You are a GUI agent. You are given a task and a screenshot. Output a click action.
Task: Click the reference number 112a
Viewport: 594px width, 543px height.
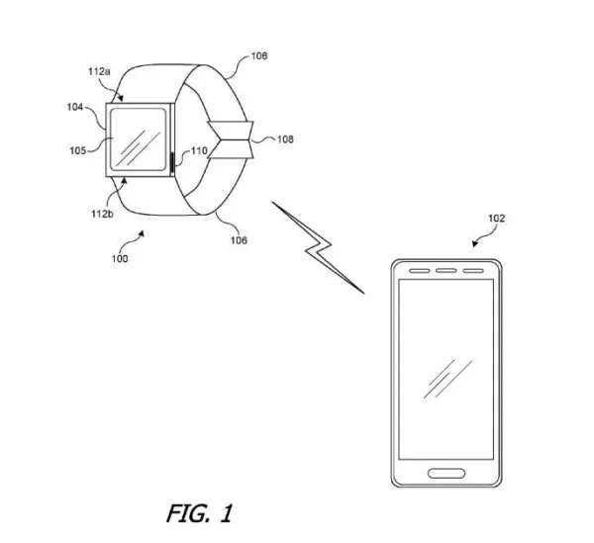[99, 71]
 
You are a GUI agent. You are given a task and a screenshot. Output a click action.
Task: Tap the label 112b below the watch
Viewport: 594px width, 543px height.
[102, 214]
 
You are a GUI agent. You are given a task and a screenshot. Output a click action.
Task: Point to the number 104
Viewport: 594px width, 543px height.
[75, 107]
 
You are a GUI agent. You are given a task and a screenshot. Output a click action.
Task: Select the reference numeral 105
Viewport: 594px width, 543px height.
[77, 150]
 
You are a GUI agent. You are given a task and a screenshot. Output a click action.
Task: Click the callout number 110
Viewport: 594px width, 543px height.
[199, 151]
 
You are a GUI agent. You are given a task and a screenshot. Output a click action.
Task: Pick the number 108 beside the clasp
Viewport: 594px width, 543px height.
[285, 139]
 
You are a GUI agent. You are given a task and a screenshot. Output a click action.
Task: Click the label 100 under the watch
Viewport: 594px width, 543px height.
[120, 259]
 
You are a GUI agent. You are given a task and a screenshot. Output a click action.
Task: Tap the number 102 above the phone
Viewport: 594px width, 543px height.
[497, 219]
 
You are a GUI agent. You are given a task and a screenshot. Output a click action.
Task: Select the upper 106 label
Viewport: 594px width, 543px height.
[259, 56]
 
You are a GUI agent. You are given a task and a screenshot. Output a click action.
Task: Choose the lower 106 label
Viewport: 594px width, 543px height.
[239, 240]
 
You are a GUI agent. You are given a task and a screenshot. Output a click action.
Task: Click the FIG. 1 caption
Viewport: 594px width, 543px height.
[199, 513]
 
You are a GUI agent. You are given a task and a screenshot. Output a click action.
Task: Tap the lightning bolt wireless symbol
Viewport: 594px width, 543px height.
[318, 247]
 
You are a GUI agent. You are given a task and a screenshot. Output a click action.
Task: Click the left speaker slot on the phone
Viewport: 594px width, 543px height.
[420, 271]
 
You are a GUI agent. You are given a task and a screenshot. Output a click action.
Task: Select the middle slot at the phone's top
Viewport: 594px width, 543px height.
[445, 271]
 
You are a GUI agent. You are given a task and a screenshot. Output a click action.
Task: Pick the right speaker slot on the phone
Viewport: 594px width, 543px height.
[473, 271]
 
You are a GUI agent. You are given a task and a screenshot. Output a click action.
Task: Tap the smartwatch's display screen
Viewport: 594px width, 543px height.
[139, 139]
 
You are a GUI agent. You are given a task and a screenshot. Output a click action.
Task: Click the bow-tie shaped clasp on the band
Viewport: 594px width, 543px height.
[231, 139]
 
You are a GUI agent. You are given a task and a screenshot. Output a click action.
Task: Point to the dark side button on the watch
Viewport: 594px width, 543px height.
[172, 162]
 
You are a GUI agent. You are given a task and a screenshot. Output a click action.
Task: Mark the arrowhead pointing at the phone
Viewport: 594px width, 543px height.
[474, 244]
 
